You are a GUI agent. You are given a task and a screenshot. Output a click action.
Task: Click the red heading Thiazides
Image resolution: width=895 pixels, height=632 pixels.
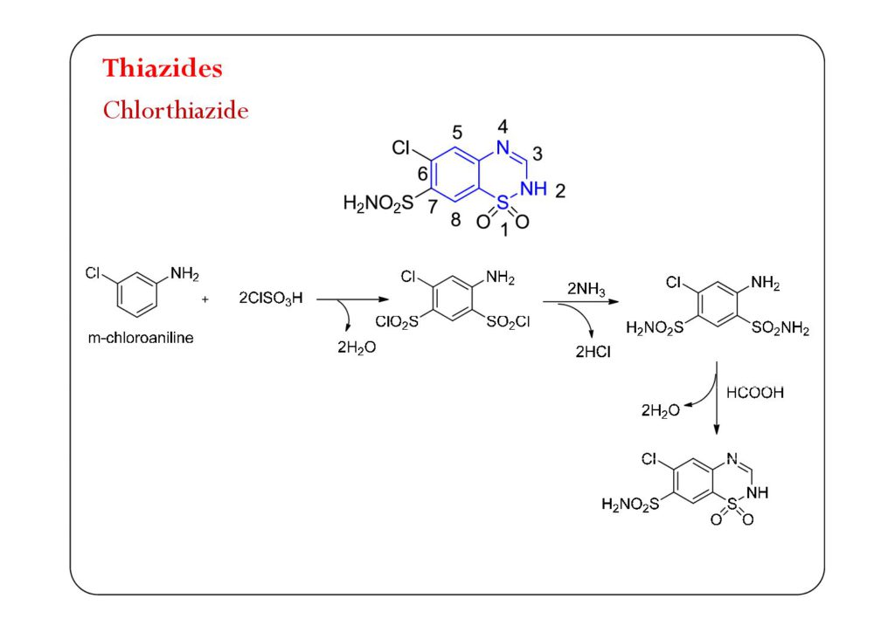point(163,68)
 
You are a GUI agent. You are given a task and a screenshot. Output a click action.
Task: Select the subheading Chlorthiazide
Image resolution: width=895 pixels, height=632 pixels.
point(176,111)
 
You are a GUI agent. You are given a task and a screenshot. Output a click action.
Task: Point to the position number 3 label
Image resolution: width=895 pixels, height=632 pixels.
point(538,154)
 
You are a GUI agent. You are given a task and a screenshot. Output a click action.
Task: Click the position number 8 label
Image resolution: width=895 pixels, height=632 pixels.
point(455,220)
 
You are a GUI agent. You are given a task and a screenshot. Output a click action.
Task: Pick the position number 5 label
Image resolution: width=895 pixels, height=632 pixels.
point(457,134)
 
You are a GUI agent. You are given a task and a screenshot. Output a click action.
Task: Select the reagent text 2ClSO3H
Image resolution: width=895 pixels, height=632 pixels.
point(271,299)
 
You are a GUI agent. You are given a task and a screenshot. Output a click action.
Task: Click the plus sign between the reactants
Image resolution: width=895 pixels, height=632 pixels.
point(205,299)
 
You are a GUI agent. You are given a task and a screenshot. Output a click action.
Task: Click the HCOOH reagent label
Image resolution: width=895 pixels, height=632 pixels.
point(755,393)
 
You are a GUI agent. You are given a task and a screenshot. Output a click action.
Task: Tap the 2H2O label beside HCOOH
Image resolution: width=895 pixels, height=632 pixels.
point(660,410)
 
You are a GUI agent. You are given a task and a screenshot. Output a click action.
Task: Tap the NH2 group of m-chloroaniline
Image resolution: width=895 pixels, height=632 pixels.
point(184,274)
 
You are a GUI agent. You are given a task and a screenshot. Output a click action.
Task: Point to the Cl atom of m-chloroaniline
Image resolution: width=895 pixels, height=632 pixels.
point(93,273)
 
